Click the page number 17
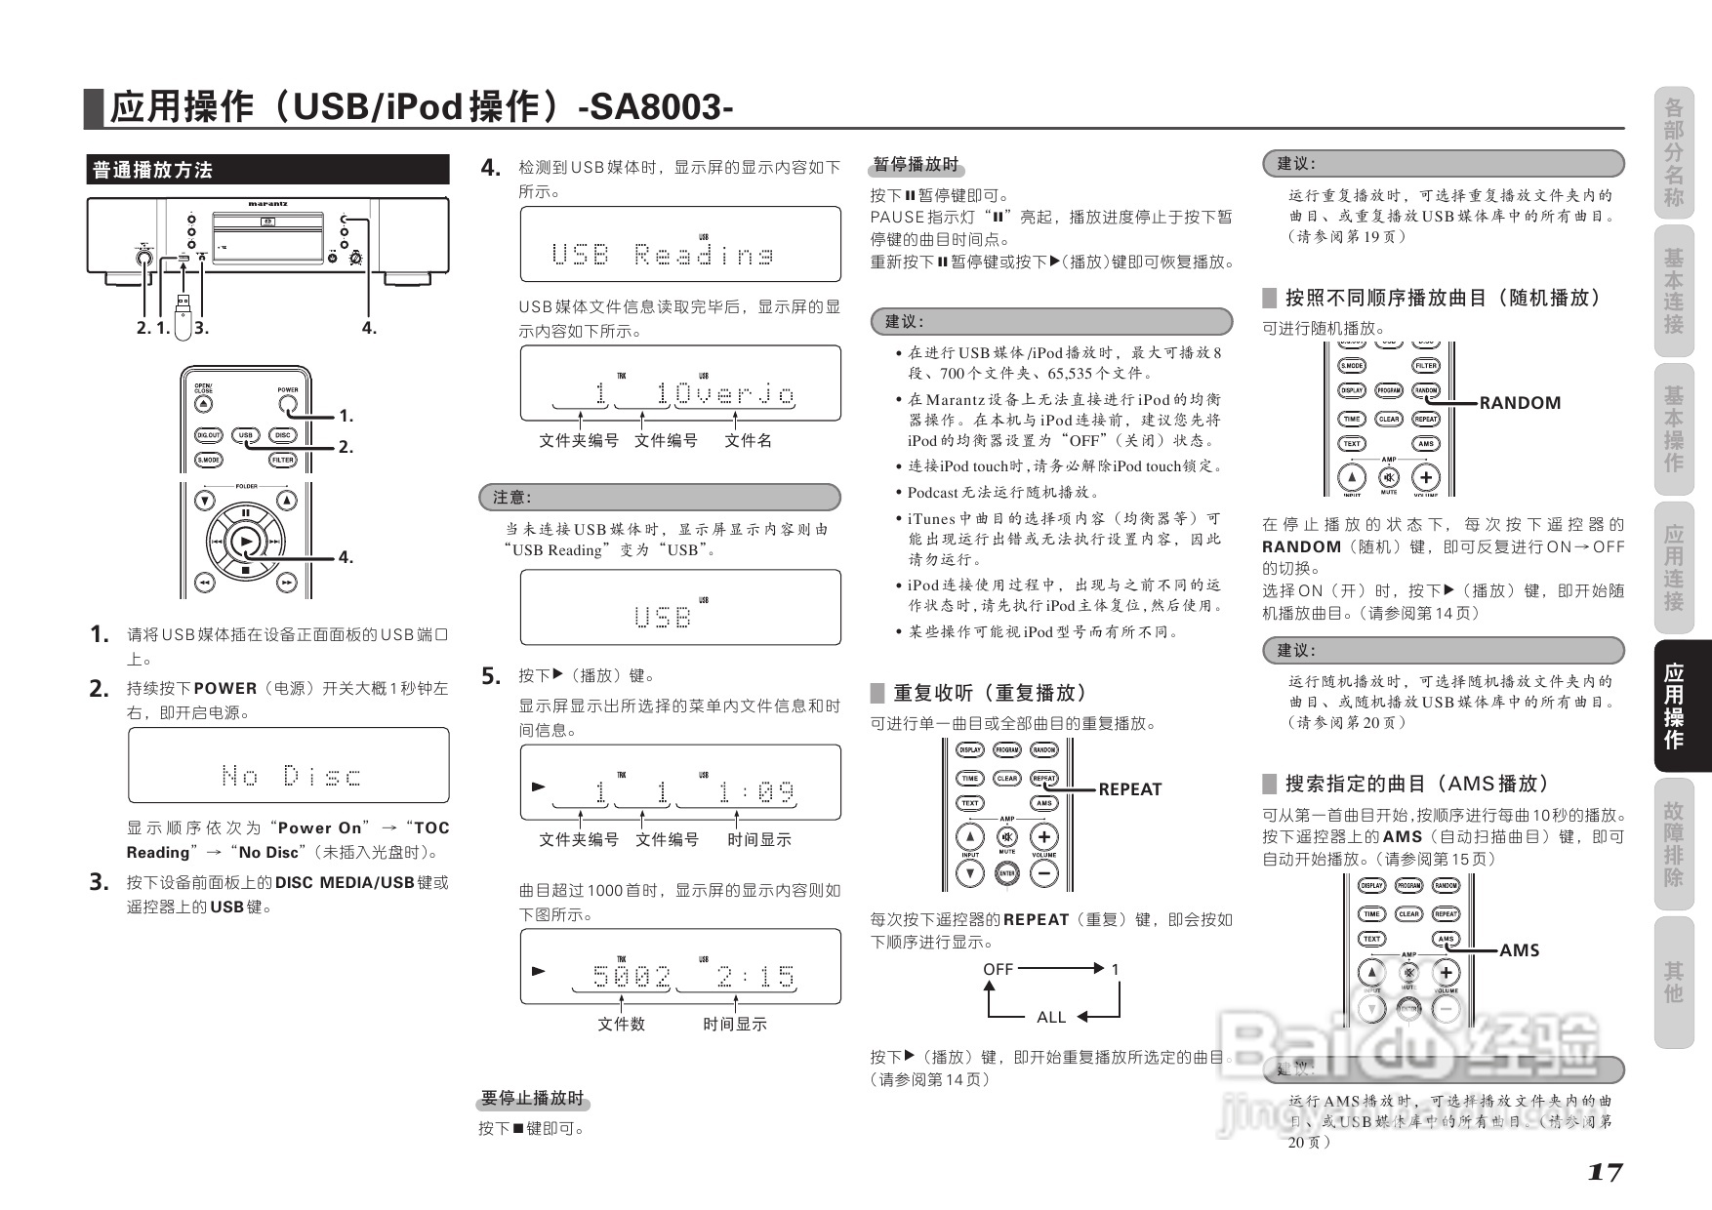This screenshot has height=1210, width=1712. [1604, 1172]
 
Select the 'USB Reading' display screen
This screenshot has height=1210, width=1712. [680, 245]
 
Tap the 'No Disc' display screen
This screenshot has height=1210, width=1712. [289, 766]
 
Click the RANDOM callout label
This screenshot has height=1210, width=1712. [1520, 403]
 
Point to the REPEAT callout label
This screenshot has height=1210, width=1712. [1129, 789]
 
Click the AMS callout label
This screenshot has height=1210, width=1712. [1519, 950]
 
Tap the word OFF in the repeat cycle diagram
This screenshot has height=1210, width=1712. [998, 969]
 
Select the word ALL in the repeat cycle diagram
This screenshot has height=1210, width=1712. [1050, 1017]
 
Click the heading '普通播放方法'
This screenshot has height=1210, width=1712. [152, 170]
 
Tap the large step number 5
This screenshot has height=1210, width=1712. [491, 675]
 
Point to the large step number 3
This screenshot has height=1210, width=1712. [99, 882]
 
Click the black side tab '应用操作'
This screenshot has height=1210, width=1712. [1674, 706]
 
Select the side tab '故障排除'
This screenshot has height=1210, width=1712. [1674, 843]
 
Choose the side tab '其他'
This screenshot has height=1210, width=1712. [1674, 982]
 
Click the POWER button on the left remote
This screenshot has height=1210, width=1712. [287, 401]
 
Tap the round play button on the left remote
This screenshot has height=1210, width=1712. [246, 541]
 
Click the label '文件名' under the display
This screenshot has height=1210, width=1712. [748, 441]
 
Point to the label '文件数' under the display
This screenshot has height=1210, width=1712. [621, 1024]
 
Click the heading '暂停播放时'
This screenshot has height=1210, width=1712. [916, 164]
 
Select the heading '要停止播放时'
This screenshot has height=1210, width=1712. [533, 1099]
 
